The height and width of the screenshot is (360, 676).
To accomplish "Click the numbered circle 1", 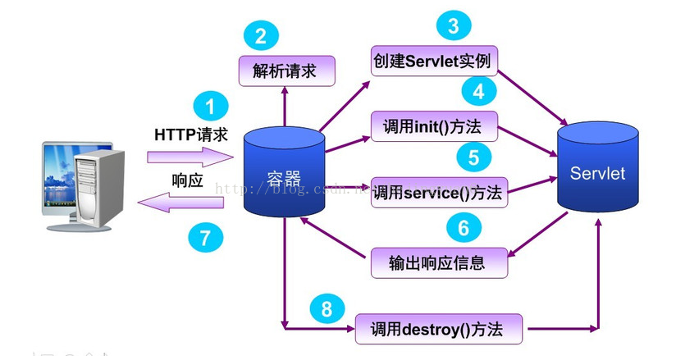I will [211, 108].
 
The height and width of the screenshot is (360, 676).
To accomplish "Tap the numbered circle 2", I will [261, 36].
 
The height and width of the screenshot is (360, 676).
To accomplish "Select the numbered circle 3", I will [453, 27].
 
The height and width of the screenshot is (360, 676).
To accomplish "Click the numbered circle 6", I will [463, 227].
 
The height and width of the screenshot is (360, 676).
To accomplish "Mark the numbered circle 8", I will [327, 309].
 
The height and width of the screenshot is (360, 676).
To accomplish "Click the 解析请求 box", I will [286, 71].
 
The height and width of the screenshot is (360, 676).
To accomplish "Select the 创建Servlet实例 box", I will [435, 62].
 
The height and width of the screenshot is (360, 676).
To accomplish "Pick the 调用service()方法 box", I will [439, 194].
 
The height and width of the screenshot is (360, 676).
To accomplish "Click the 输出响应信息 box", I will [438, 262].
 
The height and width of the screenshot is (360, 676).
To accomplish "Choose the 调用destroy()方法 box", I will [440, 330].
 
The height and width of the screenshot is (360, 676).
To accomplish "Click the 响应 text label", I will [187, 180].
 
